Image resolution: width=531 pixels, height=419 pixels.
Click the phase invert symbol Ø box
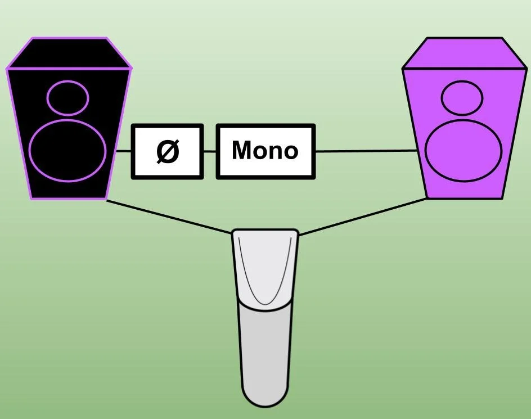tap(167, 151)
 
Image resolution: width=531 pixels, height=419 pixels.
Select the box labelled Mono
tap(265, 151)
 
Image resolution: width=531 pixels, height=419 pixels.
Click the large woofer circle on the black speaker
tap(67, 150)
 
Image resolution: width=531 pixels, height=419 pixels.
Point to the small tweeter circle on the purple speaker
tap(462, 98)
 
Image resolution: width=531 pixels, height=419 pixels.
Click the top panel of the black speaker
tap(69, 53)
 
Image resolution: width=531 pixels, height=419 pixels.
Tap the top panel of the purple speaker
tap(463, 53)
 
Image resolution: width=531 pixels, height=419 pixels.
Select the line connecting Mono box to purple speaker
tap(366, 151)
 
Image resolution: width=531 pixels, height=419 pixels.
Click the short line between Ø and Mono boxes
tap(210, 151)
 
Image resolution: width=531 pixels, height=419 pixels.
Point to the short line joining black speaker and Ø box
tap(124, 151)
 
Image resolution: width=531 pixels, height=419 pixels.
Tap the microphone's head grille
tap(265, 264)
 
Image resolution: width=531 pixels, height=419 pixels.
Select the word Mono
tap(265, 151)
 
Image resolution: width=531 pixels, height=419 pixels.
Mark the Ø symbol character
tap(167, 151)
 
